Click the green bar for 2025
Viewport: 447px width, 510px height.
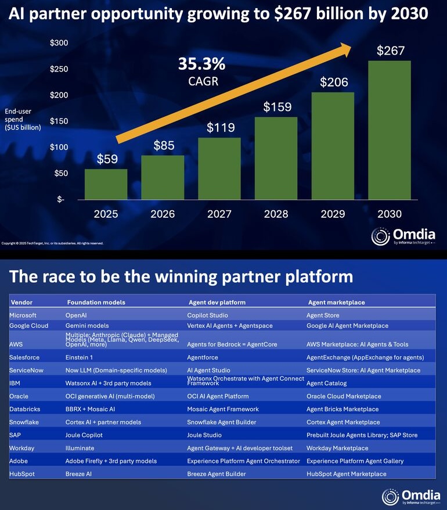[x=106, y=184]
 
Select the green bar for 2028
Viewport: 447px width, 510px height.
[x=276, y=158]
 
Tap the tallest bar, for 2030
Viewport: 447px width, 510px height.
[x=390, y=130]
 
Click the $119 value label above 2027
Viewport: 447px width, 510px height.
[x=219, y=127]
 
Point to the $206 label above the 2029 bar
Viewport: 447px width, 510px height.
[x=333, y=82]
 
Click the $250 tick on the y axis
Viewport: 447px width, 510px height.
[x=59, y=69]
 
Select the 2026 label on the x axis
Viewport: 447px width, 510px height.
[x=163, y=214]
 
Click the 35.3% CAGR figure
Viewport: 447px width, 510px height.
[x=202, y=63]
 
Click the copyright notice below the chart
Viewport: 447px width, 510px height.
[x=52, y=243]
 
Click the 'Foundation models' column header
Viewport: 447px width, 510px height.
[x=96, y=303]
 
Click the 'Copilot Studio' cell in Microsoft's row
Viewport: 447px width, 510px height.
[x=207, y=315]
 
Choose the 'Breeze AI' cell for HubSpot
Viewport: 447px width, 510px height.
[x=80, y=474]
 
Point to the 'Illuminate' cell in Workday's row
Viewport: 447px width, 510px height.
[x=80, y=448]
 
